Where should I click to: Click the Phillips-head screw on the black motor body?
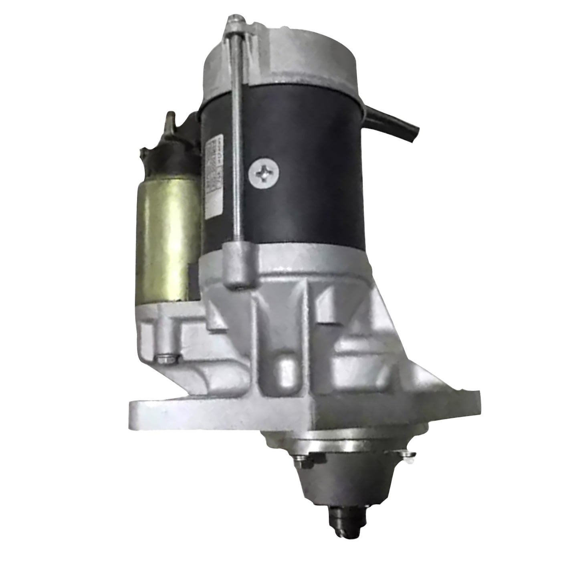[x=264, y=174]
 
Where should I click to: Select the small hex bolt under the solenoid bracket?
[x=165, y=355]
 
